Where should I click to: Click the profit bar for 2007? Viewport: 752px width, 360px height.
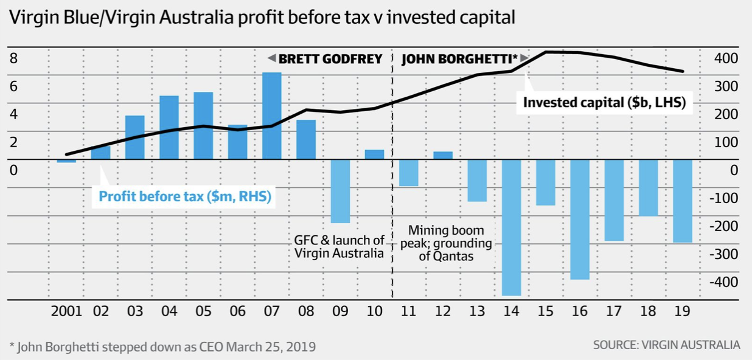point(271,116)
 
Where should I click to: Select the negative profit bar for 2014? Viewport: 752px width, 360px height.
point(511,227)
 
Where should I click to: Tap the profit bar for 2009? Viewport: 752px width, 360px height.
point(340,191)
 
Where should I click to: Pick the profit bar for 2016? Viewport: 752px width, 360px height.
point(580,219)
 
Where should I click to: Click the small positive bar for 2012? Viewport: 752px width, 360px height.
point(443,155)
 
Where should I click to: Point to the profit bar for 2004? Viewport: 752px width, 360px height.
point(169,127)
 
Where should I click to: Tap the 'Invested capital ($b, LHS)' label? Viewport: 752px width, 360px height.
point(604,103)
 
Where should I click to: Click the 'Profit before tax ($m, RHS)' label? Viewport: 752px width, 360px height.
point(184,196)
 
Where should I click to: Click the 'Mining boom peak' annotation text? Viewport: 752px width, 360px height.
point(446,243)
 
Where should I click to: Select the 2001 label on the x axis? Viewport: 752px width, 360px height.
point(66,311)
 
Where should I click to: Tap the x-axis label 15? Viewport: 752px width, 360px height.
point(545,311)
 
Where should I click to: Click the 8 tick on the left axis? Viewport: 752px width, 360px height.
point(13,59)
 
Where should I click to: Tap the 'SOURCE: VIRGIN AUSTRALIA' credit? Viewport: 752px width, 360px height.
point(666,345)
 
